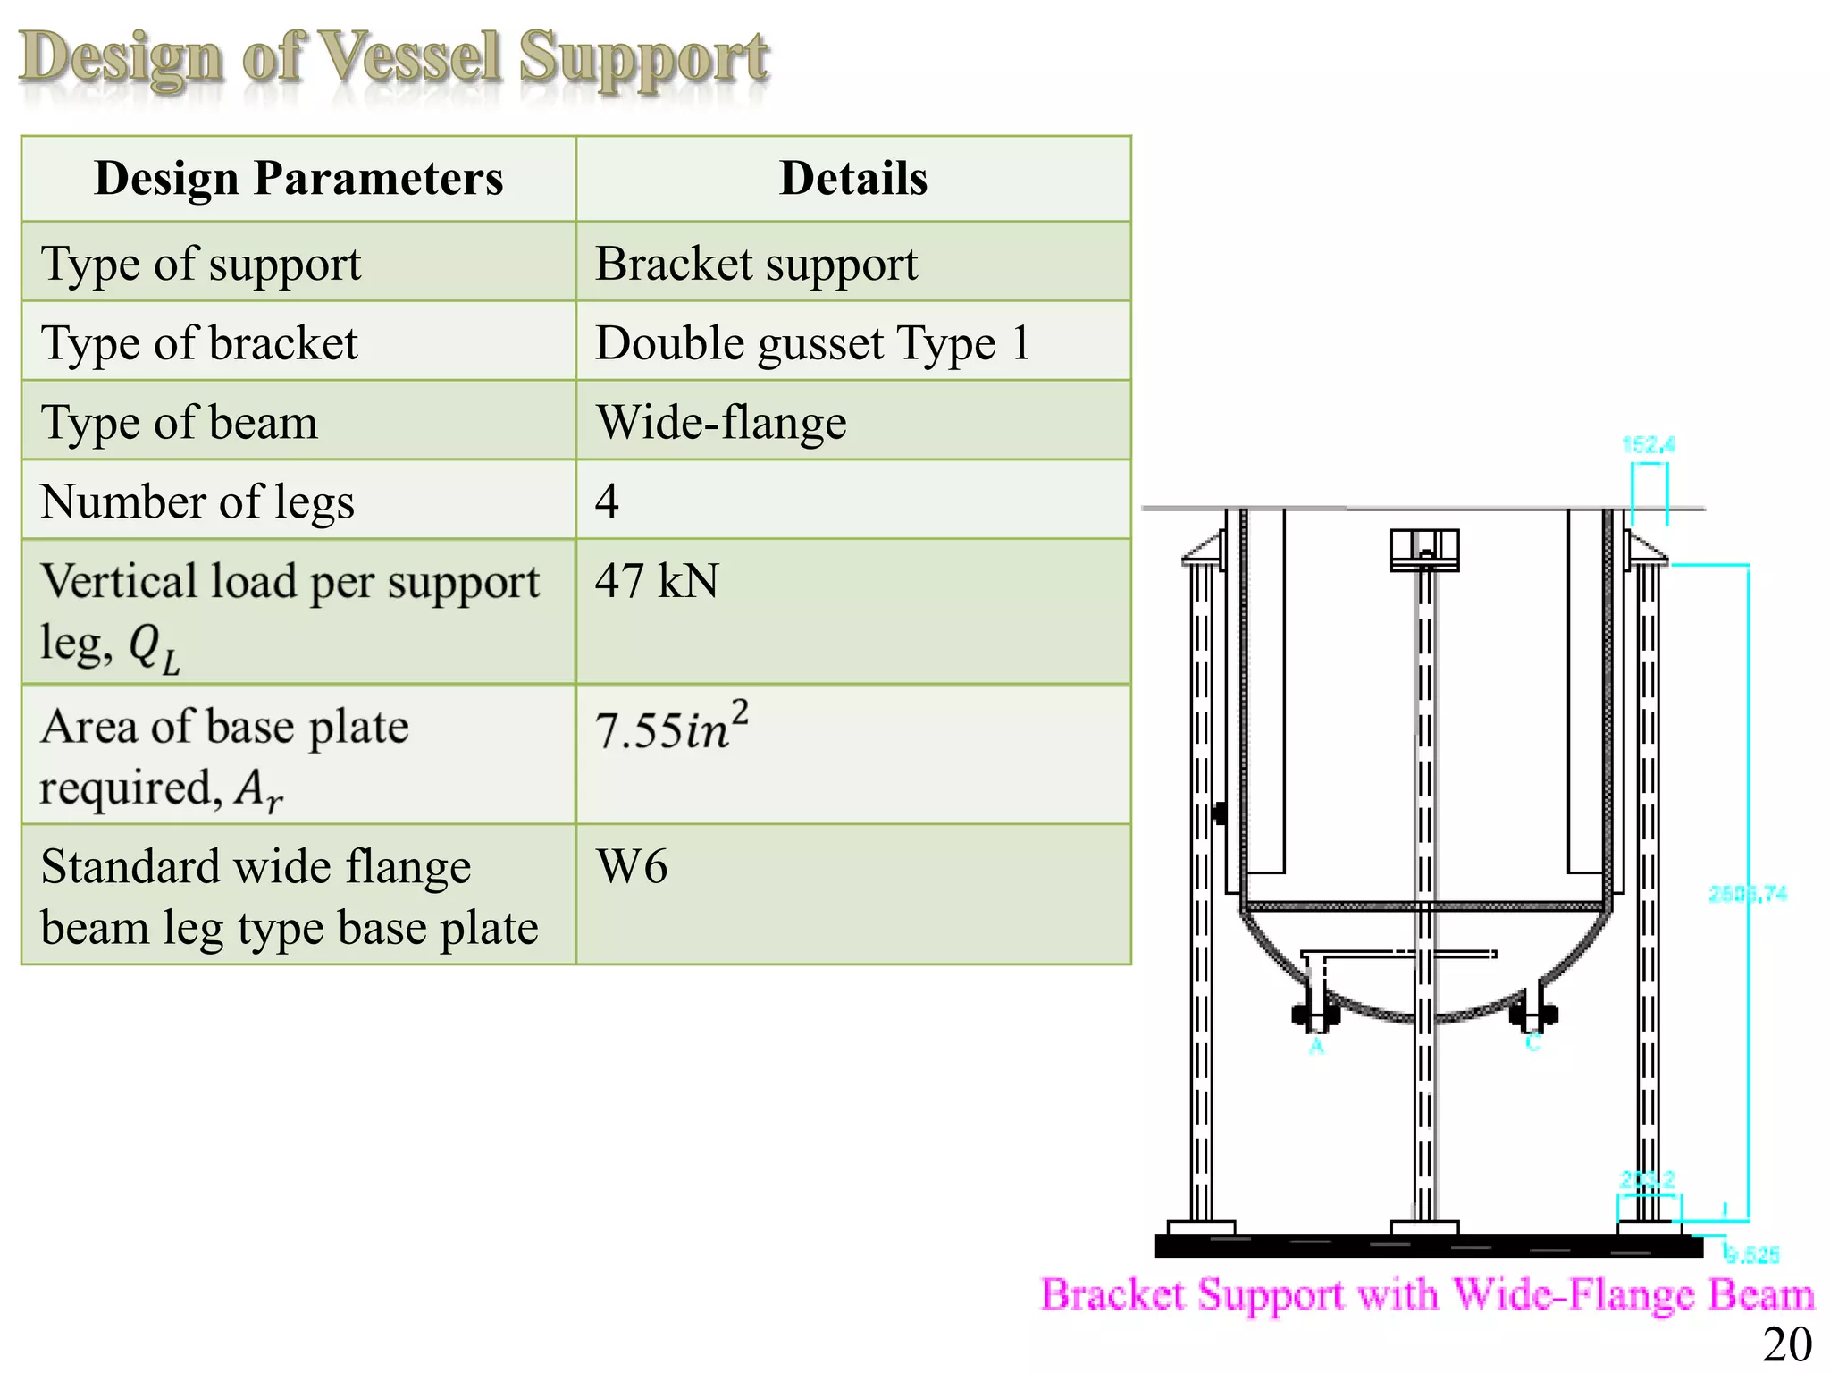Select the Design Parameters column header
tap(298, 178)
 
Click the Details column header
tap(853, 178)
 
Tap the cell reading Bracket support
tap(756, 264)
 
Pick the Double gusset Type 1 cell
tap(812, 343)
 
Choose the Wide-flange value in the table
tap(721, 422)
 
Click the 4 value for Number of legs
tap(607, 501)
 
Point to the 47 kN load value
tap(657, 581)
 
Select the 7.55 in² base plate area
tap(671, 727)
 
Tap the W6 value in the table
tap(632, 866)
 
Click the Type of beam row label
tap(179, 422)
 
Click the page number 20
tap(1786, 1344)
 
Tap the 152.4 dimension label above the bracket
tap(1648, 444)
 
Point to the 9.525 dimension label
tap(1751, 1255)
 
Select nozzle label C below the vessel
tap(1533, 1042)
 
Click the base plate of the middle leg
tap(1425, 1228)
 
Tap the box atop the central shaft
tap(1424, 549)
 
